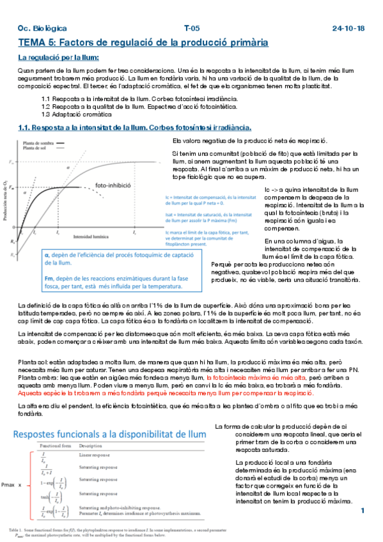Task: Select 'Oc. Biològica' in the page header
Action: [42, 29]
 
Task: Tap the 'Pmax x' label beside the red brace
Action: [12, 486]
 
